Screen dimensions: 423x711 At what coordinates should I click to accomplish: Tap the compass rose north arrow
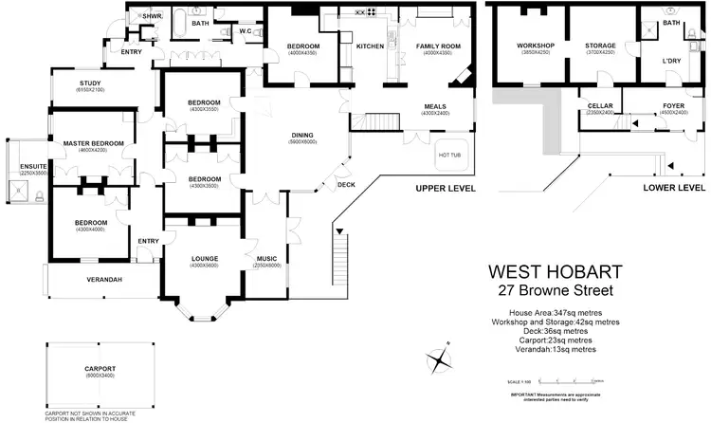point(439,360)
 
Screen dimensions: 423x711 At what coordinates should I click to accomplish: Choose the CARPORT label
point(99,368)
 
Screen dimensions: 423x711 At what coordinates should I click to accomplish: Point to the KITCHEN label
point(369,46)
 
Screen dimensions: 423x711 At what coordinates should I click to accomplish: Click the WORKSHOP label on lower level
point(535,46)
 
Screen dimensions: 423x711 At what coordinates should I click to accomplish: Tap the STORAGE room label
point(600,46)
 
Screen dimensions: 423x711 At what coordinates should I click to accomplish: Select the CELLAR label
point(600,107)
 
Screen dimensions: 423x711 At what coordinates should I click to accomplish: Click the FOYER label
point(674,107)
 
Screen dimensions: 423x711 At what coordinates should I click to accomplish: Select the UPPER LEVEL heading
point(444,189)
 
